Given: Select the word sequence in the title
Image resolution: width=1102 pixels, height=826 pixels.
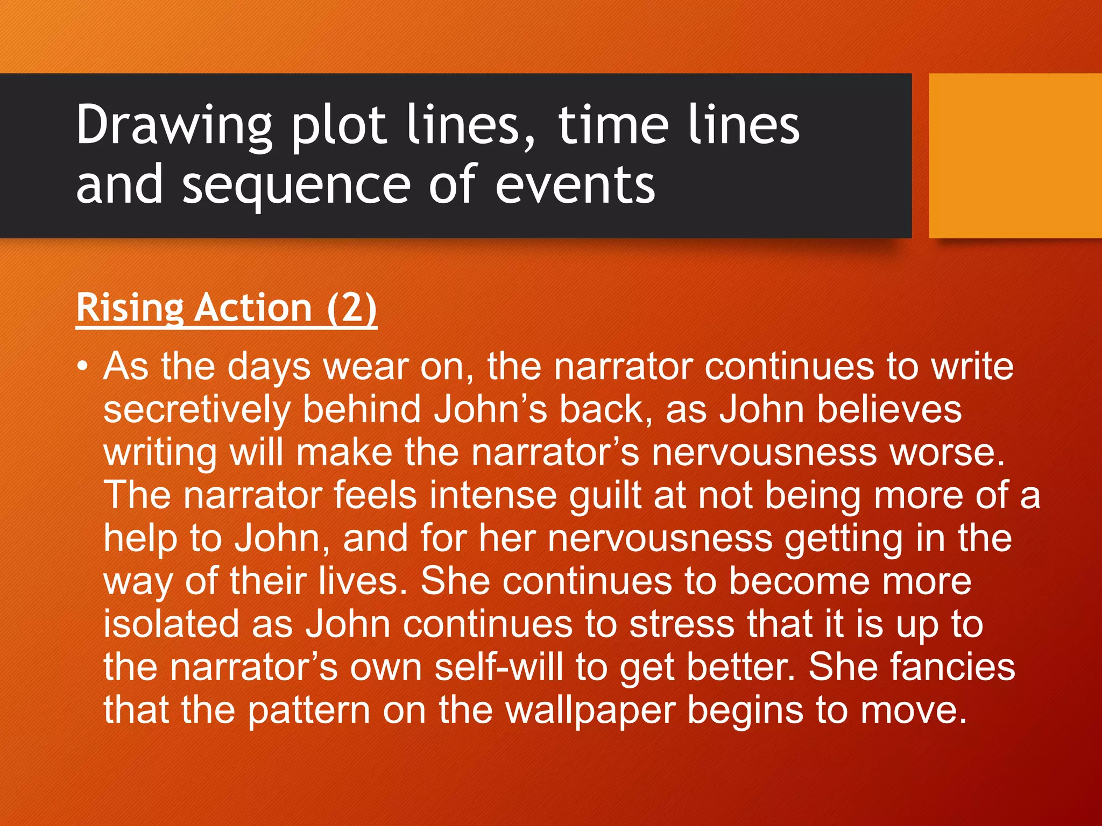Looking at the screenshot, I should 296,185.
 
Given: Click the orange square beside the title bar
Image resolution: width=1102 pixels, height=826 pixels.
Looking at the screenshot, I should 1015,156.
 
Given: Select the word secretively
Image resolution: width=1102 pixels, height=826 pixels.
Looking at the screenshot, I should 196,409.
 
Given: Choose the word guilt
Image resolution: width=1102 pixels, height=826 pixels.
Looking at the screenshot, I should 605,495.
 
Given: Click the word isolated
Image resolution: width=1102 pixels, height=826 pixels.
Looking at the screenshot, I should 171,624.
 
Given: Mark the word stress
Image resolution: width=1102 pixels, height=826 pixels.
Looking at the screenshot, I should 682,624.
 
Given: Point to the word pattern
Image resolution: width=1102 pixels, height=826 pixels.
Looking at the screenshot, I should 309,710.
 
